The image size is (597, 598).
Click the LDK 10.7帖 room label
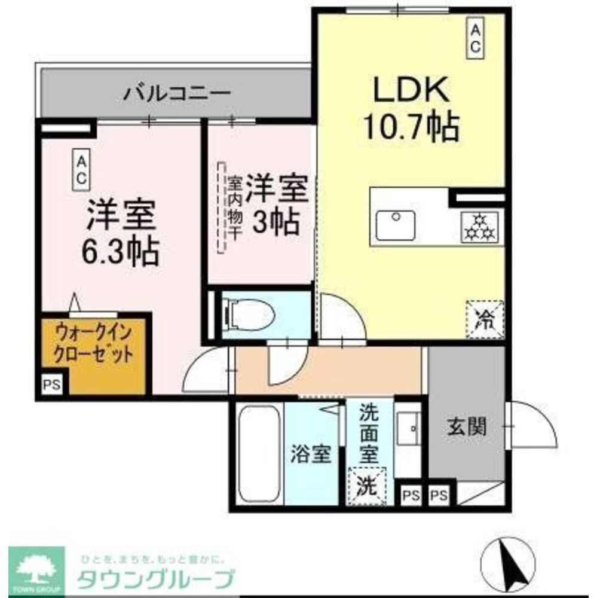[x=411, y=109]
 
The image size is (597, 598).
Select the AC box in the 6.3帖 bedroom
[x=81, y=169]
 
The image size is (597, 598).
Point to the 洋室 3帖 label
[x=275, y=205]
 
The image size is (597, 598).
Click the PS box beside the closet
[x=52, y=385]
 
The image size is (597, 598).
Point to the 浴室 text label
[x=311, y=454]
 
